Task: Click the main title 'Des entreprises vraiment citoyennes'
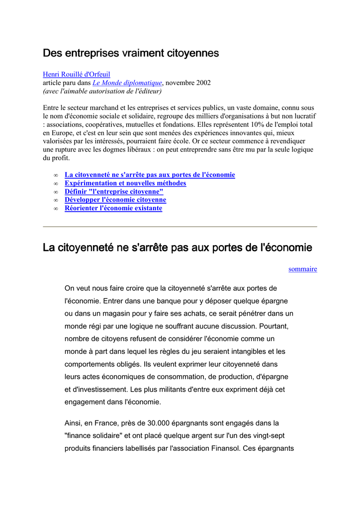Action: pos(131,53)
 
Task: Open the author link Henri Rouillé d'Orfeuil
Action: pos(77,75)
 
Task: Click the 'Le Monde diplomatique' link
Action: pos(127,83)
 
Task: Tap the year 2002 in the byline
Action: pos(203,83)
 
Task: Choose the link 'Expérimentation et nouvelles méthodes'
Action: pos(125,183)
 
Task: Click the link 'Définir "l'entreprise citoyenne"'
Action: pos(114,192)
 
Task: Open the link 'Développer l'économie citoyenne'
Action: pos(115,200)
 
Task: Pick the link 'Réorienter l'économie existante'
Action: pos(113,208)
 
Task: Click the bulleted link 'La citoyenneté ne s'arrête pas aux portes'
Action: pos(150,175)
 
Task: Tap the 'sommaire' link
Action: pos(302,269)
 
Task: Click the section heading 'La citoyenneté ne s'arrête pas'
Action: pos(178,247)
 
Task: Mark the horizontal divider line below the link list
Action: pos(180,227)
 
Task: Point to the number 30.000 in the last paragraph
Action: pos(159,424)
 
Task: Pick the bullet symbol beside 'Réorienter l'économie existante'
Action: pos(55,209)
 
